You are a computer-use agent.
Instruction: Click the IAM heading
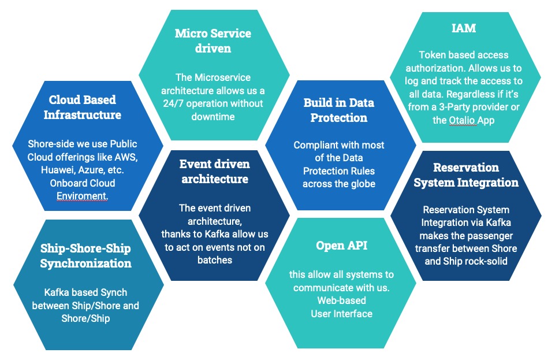464,27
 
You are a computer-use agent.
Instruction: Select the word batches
214,260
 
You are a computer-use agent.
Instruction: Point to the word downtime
214,117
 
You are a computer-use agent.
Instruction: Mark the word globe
363,184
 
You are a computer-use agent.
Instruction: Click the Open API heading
341,245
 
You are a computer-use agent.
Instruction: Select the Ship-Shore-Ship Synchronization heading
85,255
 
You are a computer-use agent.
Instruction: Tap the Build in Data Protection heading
339,110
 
